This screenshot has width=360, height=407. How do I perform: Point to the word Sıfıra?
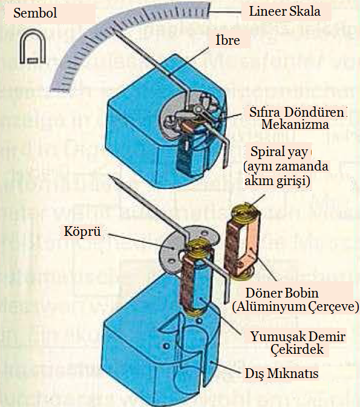(x=267, y=112)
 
